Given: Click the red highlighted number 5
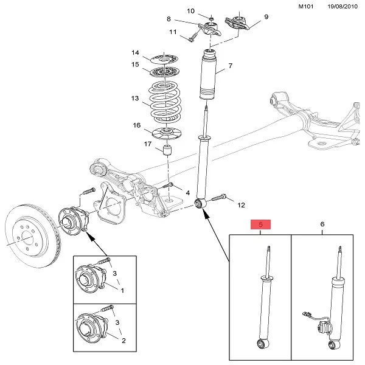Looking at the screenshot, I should [261, 225].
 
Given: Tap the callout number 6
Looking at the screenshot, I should [322, 225].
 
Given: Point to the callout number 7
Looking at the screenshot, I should [231, 66].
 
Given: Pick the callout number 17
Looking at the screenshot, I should [148, 144].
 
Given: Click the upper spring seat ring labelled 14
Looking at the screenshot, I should [166, 58].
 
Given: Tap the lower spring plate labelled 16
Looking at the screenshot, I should [166, 131].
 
